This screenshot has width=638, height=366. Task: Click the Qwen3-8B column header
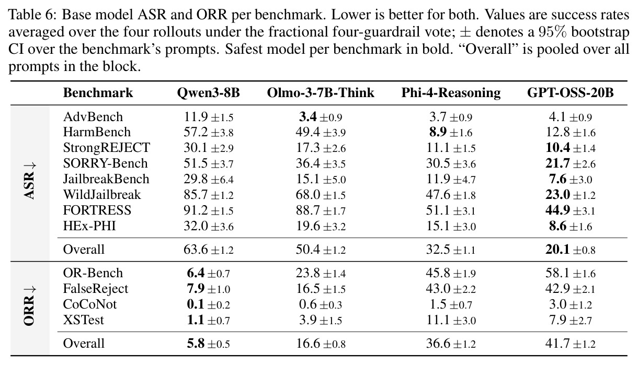[x=208, y=93]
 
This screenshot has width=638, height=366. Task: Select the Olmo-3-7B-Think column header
[x=321, y=93]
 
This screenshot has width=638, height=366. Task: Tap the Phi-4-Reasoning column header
[x=451, y=93]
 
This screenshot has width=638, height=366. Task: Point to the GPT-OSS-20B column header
[x=570, y=93]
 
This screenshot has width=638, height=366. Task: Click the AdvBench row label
[x=93, y=117]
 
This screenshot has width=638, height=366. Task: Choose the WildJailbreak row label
[x=102, y=195]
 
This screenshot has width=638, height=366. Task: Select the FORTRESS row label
[x=97, y=210]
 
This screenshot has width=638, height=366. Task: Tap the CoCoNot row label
[x=90, y=304]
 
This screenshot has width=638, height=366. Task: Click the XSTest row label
[x=84, y=320]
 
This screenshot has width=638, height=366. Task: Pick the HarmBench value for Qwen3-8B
[x=209, y=132]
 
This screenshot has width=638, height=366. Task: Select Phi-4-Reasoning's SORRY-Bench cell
[x=451, y=163]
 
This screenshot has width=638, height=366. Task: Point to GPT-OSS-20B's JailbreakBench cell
[x=570, y=179]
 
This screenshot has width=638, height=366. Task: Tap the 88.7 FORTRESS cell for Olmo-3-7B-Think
[x=321, y=210]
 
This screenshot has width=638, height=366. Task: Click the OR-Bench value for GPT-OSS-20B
[x=570, y=273]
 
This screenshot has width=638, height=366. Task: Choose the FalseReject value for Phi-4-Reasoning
[x=451, y=289]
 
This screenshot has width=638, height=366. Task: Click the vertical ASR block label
[x=30, y=181]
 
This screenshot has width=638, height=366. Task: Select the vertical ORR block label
[x=30, y=306]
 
